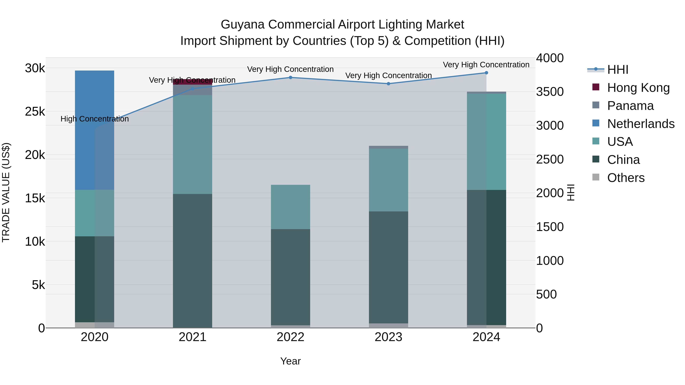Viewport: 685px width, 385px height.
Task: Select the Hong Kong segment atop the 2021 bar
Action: point(193,82)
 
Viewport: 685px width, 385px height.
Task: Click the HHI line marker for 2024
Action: point(486,73)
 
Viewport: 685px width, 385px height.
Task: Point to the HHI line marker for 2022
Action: point(290,78)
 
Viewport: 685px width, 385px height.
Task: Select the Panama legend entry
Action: point(630,106)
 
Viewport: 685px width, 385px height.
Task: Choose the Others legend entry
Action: point(626,178)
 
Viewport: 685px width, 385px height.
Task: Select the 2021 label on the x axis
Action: point(193,337)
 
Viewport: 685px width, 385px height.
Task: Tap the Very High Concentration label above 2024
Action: point(486,65)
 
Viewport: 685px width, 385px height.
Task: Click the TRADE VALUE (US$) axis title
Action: point(6,192)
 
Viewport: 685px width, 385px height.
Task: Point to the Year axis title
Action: point(290,361)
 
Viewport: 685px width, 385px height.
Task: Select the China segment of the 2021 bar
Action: point(193,260)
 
